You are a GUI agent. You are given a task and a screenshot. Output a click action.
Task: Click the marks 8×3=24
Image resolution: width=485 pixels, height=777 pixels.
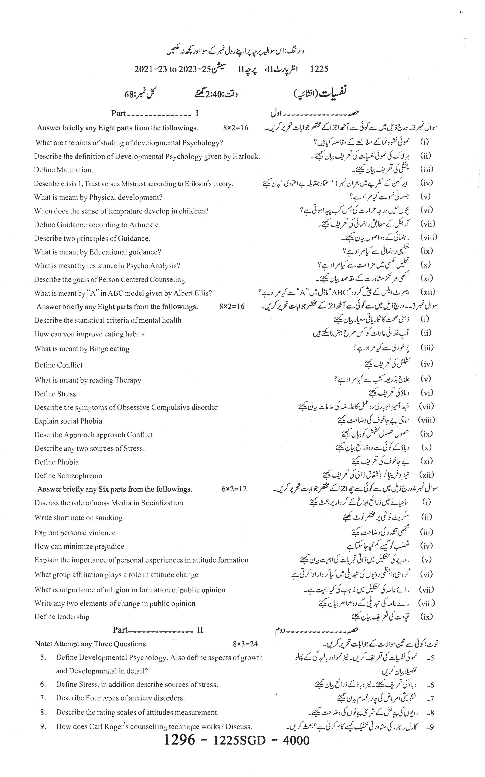245,644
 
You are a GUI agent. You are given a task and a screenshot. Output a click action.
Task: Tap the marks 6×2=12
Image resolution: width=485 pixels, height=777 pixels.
234,489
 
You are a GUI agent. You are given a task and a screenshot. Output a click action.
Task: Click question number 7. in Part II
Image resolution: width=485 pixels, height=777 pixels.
43,698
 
